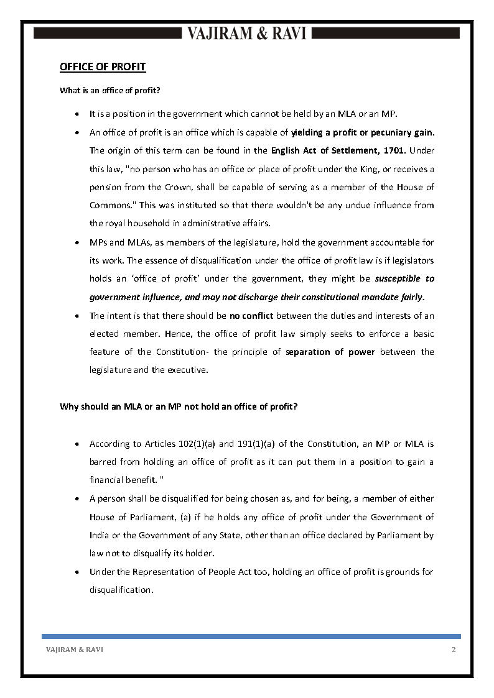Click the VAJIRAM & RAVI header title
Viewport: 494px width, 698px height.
247,34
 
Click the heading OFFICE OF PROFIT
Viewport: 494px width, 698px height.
103,67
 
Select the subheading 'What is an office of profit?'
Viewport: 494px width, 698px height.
110,91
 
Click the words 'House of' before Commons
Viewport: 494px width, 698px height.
416,187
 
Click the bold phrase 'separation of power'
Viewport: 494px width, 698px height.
330,352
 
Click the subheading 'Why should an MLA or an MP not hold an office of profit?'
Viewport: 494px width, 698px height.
179,407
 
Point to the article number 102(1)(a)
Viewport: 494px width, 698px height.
193,444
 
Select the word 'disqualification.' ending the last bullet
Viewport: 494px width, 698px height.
121,590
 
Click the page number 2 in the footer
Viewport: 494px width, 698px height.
454,650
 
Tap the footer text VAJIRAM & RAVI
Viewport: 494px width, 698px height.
75,650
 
